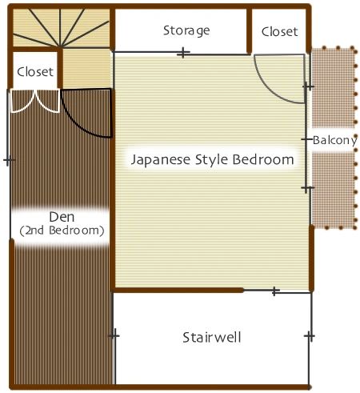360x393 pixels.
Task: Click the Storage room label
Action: click(186, 30)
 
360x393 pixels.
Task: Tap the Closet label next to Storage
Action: click(279, 32)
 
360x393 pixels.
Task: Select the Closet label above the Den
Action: click(35, 72)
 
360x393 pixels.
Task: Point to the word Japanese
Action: click(161, 160)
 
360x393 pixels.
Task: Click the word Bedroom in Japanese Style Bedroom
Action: click(263, 159)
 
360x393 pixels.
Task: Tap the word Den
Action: click(62, 217)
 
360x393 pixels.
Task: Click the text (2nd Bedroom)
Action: click(62, 231)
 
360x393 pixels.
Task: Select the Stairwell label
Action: click(212, 337)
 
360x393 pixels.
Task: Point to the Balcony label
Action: click(335, 140)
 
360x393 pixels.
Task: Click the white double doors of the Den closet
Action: click(34, 101)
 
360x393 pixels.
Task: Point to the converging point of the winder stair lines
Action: click(61, 47)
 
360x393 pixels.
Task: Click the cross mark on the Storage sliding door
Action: click(183, 53)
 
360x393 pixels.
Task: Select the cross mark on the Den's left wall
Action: click(10, 160)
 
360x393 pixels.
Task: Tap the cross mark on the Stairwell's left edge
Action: click(114, 335)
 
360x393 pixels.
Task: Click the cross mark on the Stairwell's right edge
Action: click(310, 336)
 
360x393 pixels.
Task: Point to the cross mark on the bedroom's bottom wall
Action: click(275, 291)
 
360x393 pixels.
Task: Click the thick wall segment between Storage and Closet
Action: click(249, 30)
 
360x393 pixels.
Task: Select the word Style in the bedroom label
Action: click(211, 160)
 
